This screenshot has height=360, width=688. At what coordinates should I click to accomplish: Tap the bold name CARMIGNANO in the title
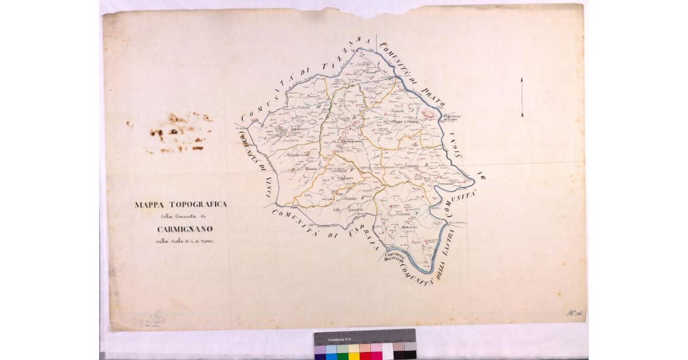click(x=181, y=230)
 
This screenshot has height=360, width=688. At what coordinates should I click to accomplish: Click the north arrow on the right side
click(x=522, y=97)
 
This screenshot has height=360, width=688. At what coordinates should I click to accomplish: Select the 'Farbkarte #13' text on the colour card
click(x=338, y=340)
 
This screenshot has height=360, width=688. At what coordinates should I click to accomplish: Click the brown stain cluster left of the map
click(x=178, y=133)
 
